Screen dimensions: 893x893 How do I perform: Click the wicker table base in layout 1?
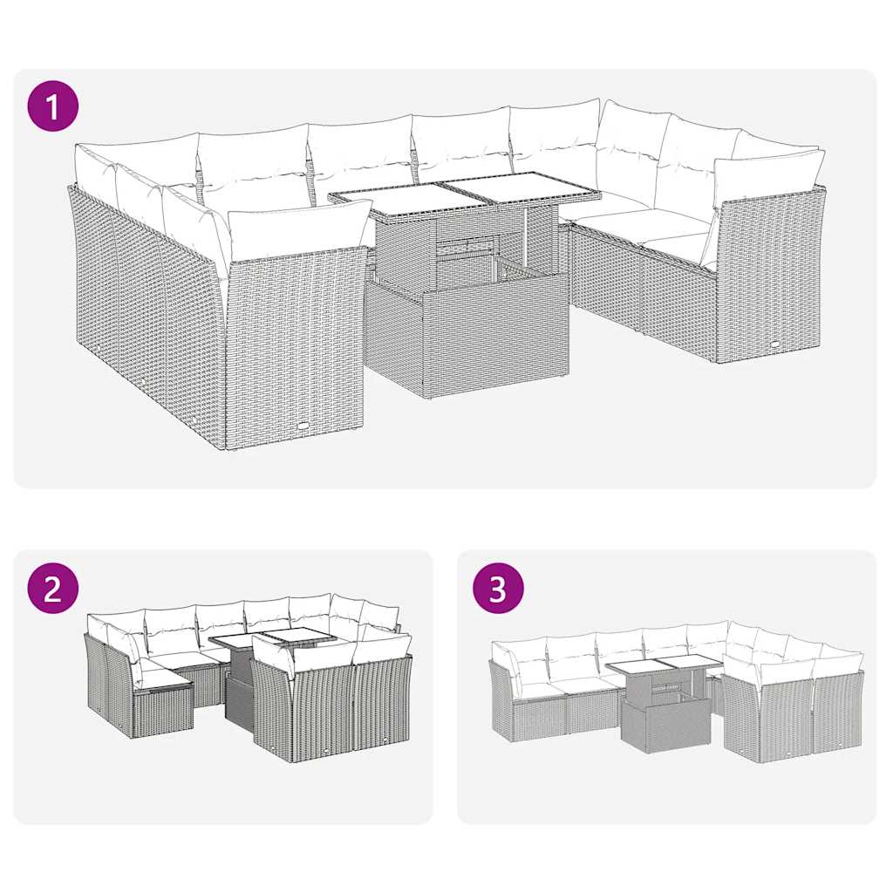click(467, 336)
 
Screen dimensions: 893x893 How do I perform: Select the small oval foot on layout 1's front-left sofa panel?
click(302, 425)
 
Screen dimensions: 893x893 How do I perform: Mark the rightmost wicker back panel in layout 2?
click(384, 702)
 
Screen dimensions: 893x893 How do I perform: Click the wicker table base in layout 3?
click(653, 724)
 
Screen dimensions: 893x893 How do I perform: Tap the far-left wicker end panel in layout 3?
click(501, 702)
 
